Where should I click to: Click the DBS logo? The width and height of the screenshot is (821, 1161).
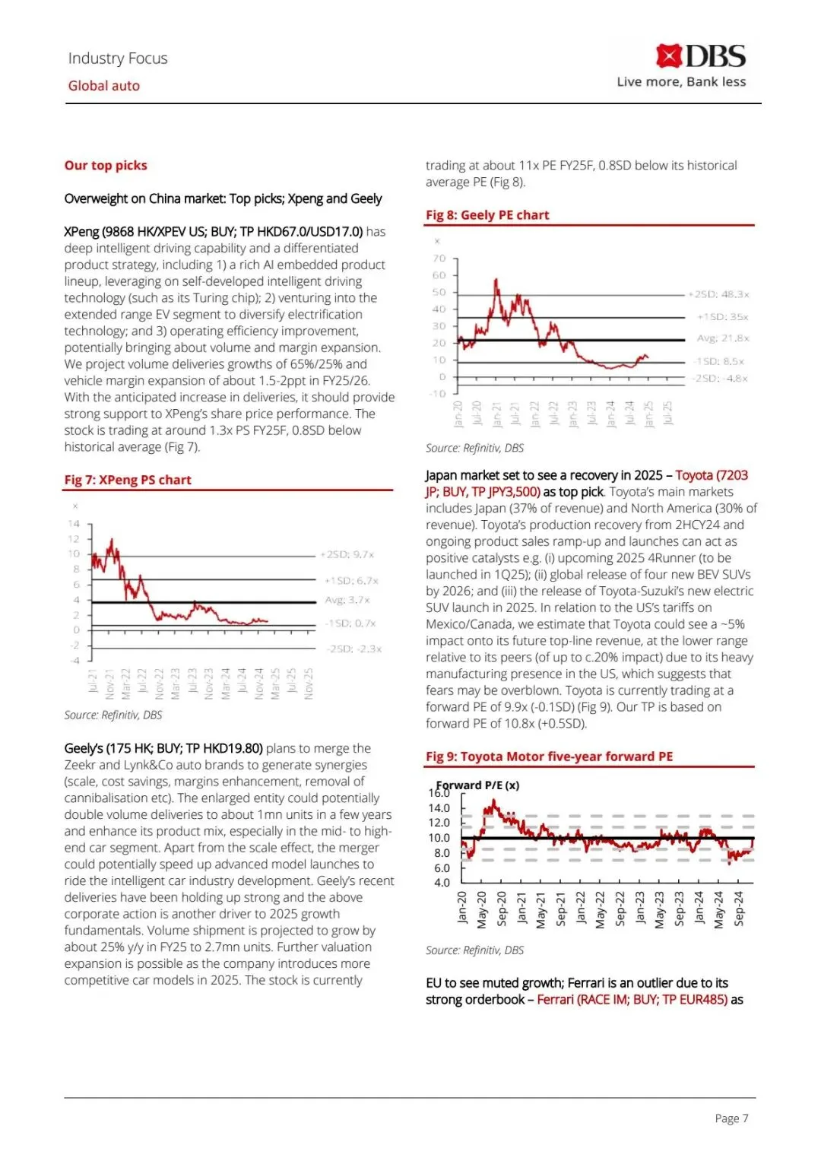click(x=701, y=56)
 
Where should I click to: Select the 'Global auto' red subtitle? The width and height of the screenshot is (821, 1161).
click(x=104, y=86)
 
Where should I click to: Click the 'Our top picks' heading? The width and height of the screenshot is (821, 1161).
click(x=106, y=166)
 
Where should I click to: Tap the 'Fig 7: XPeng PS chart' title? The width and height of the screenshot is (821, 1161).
click(x=128, y=480)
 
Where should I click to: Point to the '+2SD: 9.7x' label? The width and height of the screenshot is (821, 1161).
click(x=347, y=555)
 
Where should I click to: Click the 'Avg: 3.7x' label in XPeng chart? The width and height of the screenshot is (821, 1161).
click(x=347, y=600)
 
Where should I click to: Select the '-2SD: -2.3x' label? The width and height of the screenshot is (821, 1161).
click(x=354, y=649)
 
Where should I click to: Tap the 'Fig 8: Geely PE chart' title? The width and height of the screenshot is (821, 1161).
click(x=487, y=215)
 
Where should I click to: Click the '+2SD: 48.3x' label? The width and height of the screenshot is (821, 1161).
click(x=719, y=294)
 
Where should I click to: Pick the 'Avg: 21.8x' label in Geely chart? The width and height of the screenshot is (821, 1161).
click(x=723, y=338)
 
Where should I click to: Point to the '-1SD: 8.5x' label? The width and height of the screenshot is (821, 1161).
click(x=719, y=361)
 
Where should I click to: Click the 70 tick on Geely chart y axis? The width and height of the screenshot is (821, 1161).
click(x=439, y=259)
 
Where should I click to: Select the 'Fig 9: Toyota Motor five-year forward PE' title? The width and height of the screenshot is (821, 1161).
click(x=549, y=757)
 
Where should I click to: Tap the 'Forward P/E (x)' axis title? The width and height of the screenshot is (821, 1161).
click(x=478, y=785)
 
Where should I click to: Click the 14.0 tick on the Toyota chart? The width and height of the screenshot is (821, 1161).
click(x=439, y=808)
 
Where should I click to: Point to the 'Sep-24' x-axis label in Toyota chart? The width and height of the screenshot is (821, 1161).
click(x=739, y=909)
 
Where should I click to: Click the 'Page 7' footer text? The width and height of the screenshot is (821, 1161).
click(x=731, y=1118)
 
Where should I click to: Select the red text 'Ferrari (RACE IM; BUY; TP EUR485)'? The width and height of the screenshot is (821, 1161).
click(x=632, y=1000)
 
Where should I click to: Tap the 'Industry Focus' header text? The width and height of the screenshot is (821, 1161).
click(x=118, y=59)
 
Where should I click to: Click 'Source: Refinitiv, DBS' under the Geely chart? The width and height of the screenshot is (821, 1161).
click(x=474, y=449)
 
